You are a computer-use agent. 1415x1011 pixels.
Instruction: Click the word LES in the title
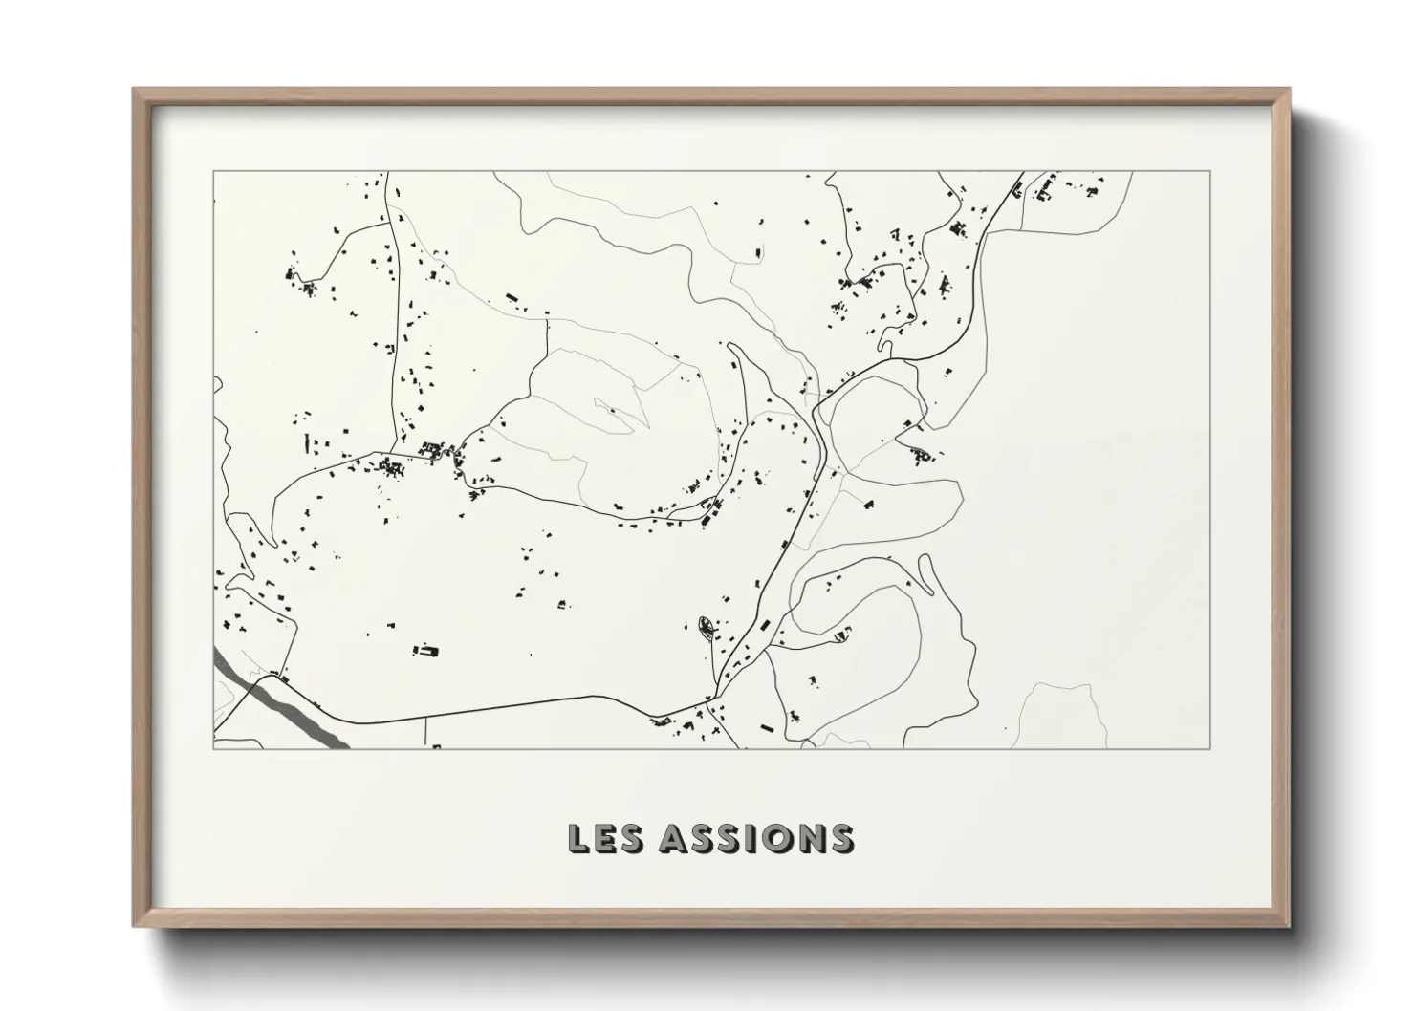[x=604, y=838]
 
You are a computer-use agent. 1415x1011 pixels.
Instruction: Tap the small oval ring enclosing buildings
[x=707, y=628]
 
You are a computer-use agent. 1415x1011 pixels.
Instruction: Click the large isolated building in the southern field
[x=426, y=652]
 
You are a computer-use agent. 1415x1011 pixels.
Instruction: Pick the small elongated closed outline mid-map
[x=612, y=412]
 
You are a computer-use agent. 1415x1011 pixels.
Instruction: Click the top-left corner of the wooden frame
[x=135, y=91]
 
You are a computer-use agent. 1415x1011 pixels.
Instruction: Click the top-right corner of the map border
[x=1210, y=172]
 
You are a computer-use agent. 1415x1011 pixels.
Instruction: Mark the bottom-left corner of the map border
[x=213, y=748]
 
